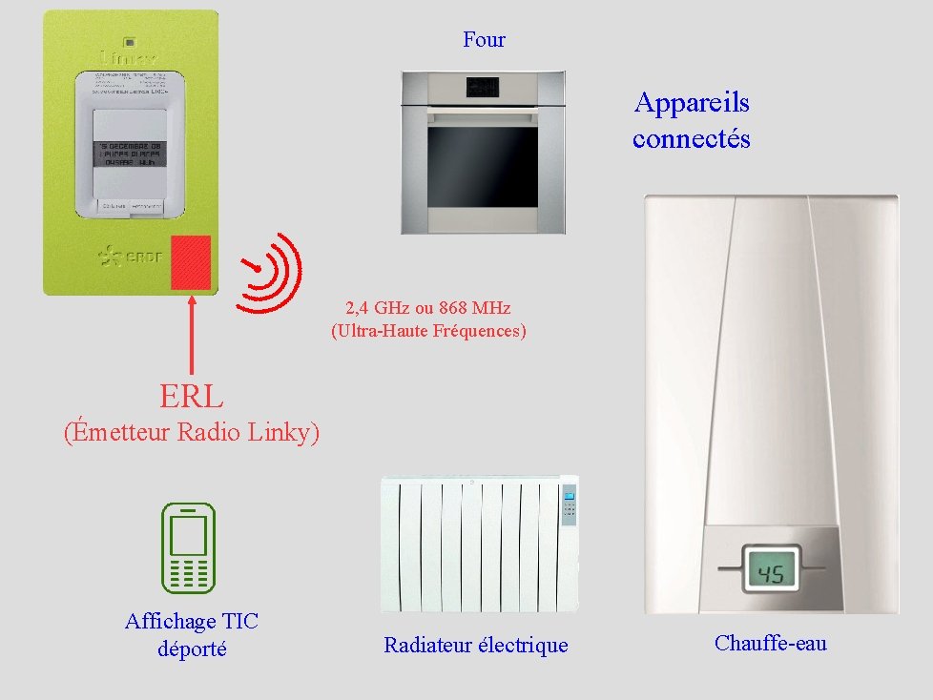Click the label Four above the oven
coord(484,40)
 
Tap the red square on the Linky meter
coord(191,262)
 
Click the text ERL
coord(192,395)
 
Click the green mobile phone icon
coord(188,548)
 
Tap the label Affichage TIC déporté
coord(192,635)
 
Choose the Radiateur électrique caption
coord(475,646)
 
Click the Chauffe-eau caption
coord(770,643)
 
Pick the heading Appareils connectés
coord(692,120)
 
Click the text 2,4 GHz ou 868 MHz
coord(428,308)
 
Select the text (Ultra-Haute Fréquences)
coord(428,332)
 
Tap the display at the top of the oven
coord(482,88)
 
